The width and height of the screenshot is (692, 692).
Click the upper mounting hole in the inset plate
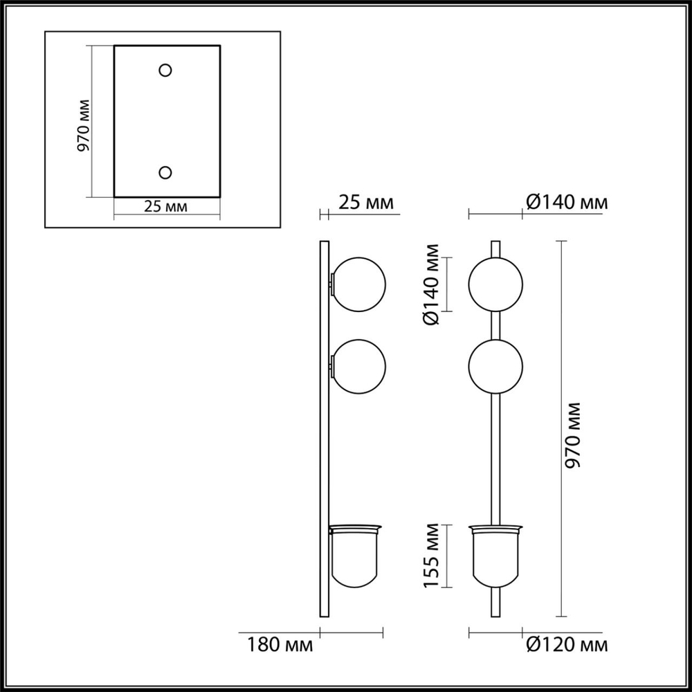[x=165, y=70]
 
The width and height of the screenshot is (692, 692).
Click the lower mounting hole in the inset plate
[x=165, y=172]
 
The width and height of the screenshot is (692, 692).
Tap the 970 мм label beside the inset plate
[x=82, y=125]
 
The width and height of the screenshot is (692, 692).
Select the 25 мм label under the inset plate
[x=165, y=206]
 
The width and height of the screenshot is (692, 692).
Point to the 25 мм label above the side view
[x=366, y=203]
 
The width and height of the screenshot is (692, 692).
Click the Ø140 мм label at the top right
[x=566, y=203]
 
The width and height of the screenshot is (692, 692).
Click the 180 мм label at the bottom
[x=280, y=646]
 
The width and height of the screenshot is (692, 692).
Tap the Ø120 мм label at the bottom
[x=566, y=646]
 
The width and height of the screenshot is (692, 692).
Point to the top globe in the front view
[x=495, y=284]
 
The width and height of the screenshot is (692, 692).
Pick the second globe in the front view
[x=495, y=366]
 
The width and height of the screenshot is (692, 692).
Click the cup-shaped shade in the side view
[x=354, y=557]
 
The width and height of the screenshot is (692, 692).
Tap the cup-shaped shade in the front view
[x=495, y=557]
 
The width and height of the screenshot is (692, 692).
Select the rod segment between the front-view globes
[x=495, y=325]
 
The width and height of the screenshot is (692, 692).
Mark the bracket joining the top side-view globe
[x=332, y=284]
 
